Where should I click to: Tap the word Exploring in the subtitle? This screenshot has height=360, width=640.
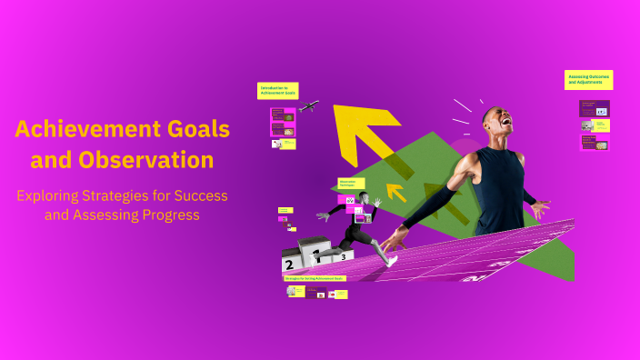(x=52, y=195)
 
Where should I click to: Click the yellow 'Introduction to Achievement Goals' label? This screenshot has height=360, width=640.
(x=277, y=91)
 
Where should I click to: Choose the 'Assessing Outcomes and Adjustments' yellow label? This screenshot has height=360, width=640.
(x=588, y=80)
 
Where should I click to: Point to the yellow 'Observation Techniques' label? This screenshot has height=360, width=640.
(x=351, y=184)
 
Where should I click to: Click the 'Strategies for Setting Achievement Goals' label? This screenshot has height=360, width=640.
(x=315, y=278)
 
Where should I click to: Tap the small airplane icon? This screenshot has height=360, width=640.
(x=308, y=106)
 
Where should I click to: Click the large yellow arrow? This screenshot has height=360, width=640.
(x=365, y=133)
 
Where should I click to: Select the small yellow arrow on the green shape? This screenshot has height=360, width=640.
(x=395, y=192)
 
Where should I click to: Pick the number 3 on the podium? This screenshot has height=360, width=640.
(x=344, y=256)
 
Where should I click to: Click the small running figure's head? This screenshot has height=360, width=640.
(x=364, y=198)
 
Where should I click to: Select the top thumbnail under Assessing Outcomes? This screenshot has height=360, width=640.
(x=594, y=108)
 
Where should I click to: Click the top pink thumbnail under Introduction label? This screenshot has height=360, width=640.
(x=283, y=117)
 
